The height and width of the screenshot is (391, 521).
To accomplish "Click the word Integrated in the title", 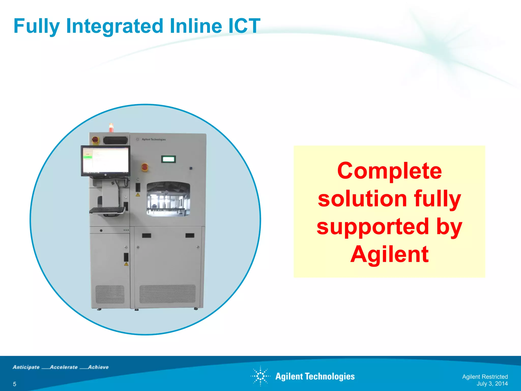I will tap(114, 26).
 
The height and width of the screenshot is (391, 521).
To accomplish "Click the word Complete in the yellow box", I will tap(389, 171).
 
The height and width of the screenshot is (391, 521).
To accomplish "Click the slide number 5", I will tap(15, 384).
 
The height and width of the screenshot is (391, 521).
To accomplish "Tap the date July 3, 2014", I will tap(492, 384).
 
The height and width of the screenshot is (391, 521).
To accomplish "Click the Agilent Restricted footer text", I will tap(485, 376).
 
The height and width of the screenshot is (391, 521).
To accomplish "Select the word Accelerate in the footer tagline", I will tap(64, 367).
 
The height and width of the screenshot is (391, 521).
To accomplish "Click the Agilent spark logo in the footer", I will tap(260, 376).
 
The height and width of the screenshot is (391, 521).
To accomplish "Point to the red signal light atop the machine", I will tap(111, 127).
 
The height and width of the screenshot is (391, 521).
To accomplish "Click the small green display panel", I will tap(168, 159).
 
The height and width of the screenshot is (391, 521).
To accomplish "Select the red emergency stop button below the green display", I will tap(144, 167).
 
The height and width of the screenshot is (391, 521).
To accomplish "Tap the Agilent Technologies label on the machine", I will tap(153, 139).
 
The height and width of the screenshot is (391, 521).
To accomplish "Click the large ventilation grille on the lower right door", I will tap(167, 294).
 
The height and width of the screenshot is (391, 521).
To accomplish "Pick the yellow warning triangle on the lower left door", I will tap(126, 264).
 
